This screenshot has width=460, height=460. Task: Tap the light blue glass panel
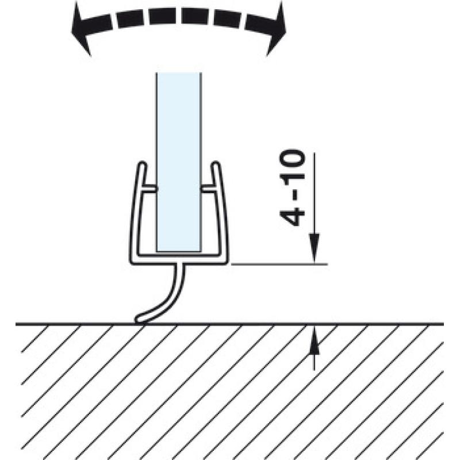tap(179, 162)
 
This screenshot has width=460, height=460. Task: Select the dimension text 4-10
tap(292, 189)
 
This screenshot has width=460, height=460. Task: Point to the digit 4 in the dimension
tap(292, 216)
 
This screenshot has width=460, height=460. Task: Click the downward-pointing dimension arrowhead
tap(314, 247)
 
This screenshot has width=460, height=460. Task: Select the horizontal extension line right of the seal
tap(279, 264)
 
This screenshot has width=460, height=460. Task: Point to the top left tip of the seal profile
tap(143, 163)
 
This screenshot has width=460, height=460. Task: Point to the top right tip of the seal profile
tap(216, 163)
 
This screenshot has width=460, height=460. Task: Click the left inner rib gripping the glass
tap(149, 189)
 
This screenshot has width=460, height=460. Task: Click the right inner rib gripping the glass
tap(209, 189)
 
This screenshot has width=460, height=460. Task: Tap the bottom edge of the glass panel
tap(179, 251)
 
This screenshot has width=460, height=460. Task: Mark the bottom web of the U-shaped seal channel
tap(179, 259)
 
